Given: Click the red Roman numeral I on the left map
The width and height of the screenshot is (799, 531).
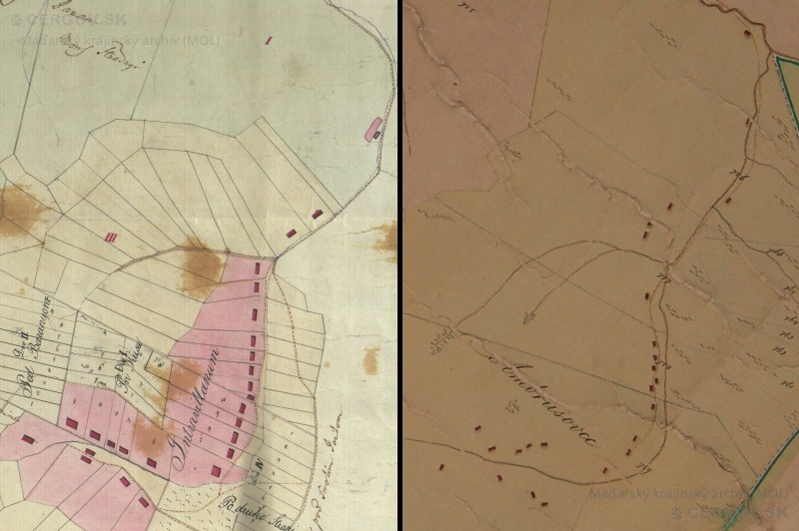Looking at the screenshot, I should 268,41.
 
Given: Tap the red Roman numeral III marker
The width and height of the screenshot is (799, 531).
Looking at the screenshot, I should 112,237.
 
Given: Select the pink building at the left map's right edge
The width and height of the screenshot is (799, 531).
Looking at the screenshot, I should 376,129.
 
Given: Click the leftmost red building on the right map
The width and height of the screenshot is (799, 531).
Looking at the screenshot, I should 440,465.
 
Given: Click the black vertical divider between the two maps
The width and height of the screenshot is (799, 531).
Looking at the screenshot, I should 401,265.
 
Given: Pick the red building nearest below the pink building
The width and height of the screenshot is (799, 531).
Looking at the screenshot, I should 318,214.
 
